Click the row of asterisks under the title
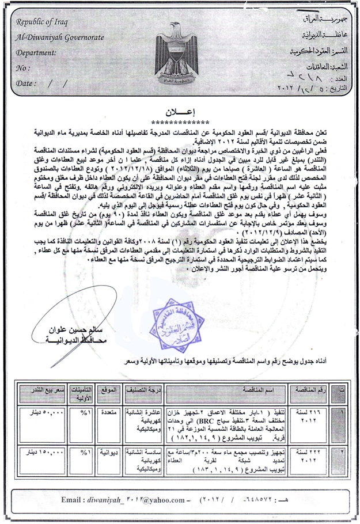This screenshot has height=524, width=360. [180, 122]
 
